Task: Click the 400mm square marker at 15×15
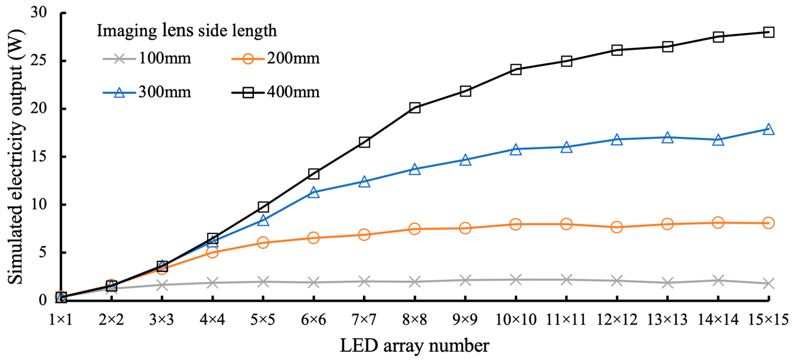click(768, 32)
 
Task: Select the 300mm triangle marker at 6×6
click(314, 192)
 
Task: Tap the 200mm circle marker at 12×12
click(617, 227)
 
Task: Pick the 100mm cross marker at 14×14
click(718, 280)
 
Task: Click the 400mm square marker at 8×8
click(415, 108)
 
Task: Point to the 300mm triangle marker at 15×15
click(768, 130)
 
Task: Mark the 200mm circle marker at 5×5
click(263, 243)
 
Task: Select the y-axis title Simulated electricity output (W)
click(16, 157)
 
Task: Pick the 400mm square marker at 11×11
click(566, 61)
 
